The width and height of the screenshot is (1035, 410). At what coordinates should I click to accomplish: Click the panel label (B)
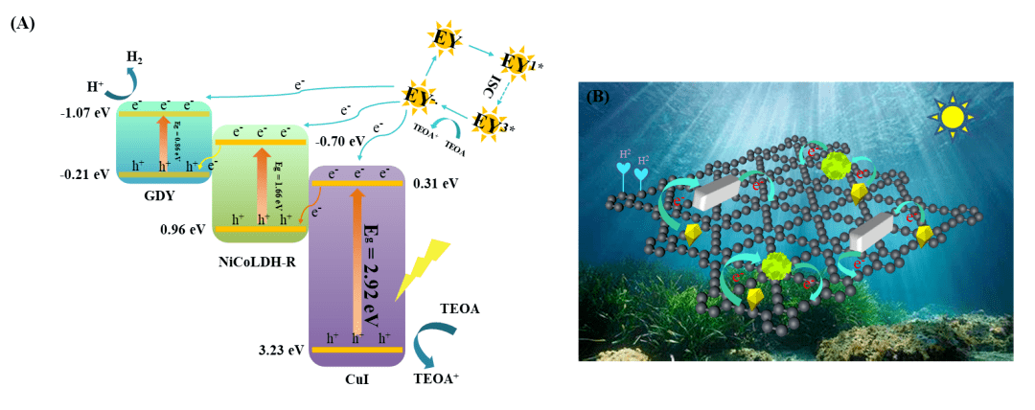[597, 96]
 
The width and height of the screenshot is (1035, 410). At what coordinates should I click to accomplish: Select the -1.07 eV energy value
[86, 113]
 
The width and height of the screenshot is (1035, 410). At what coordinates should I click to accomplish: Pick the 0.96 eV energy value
[185, 230]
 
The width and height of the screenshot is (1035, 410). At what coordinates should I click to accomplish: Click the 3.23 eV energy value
[281, 350]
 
